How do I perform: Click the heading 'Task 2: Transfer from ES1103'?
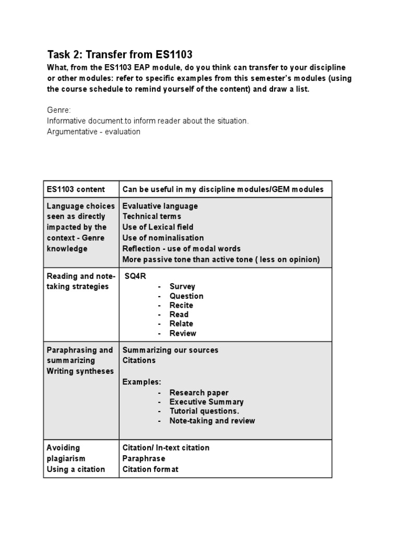[120, 54]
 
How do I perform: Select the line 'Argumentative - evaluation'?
[93, 131]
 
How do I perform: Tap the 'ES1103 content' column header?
[76, 189]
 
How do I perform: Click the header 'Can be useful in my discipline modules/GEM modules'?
[223, 189]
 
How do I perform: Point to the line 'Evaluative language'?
[160, 206]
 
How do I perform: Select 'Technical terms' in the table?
[151, 216]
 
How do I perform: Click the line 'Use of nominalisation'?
[163, 238]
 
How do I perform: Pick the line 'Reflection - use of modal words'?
[181, 249]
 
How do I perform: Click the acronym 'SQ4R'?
[135, 276]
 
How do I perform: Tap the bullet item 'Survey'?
[182, 286]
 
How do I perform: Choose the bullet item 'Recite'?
[181, 305]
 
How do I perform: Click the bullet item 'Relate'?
[181, 324]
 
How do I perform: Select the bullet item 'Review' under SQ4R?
[183, 333]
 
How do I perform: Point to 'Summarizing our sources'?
[170, 350]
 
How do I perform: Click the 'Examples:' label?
[141, 382]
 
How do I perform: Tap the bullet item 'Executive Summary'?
[206, 402]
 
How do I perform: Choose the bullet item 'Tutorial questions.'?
[204, 411]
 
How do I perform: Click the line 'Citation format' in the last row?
[150, 469]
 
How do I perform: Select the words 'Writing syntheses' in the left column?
[80, 371]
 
